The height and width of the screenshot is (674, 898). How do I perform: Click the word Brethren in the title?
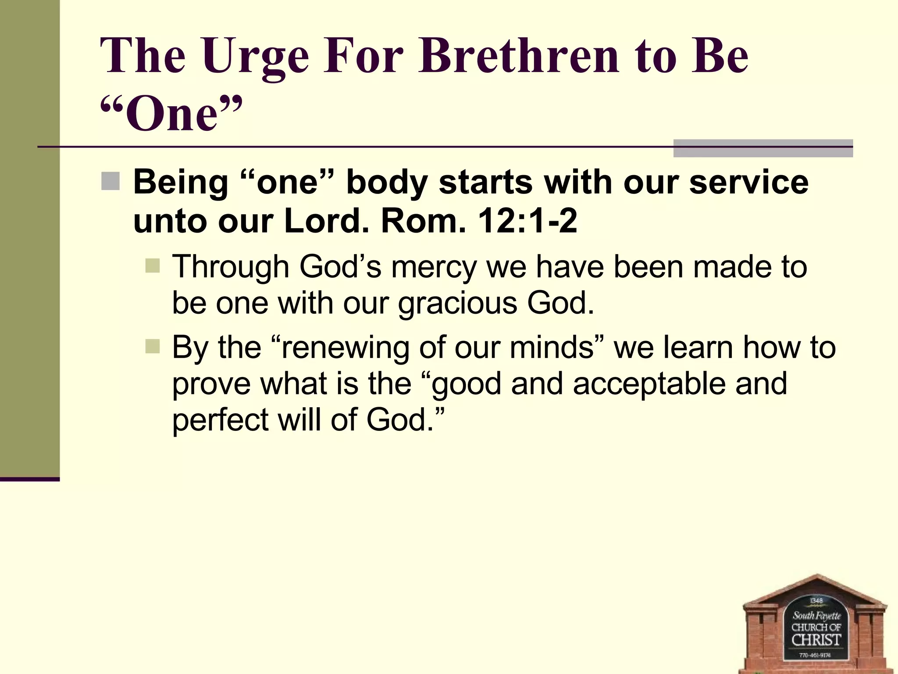coord(518,56)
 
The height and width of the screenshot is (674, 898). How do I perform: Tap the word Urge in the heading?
coord(256,56)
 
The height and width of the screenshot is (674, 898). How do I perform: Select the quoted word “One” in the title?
coord(171,113)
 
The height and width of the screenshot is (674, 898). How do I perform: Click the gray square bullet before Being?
coord(110,182)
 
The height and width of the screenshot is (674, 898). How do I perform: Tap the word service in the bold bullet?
coord(748,182)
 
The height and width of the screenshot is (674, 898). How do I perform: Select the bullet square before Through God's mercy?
coord(153,265)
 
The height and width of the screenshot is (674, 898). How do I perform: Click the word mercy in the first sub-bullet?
coord(434,267)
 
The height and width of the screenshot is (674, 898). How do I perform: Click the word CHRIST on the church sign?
coord(816,640)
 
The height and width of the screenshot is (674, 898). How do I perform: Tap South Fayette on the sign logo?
coord(816,616)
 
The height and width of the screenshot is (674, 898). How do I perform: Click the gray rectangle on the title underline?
coord(763,148)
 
